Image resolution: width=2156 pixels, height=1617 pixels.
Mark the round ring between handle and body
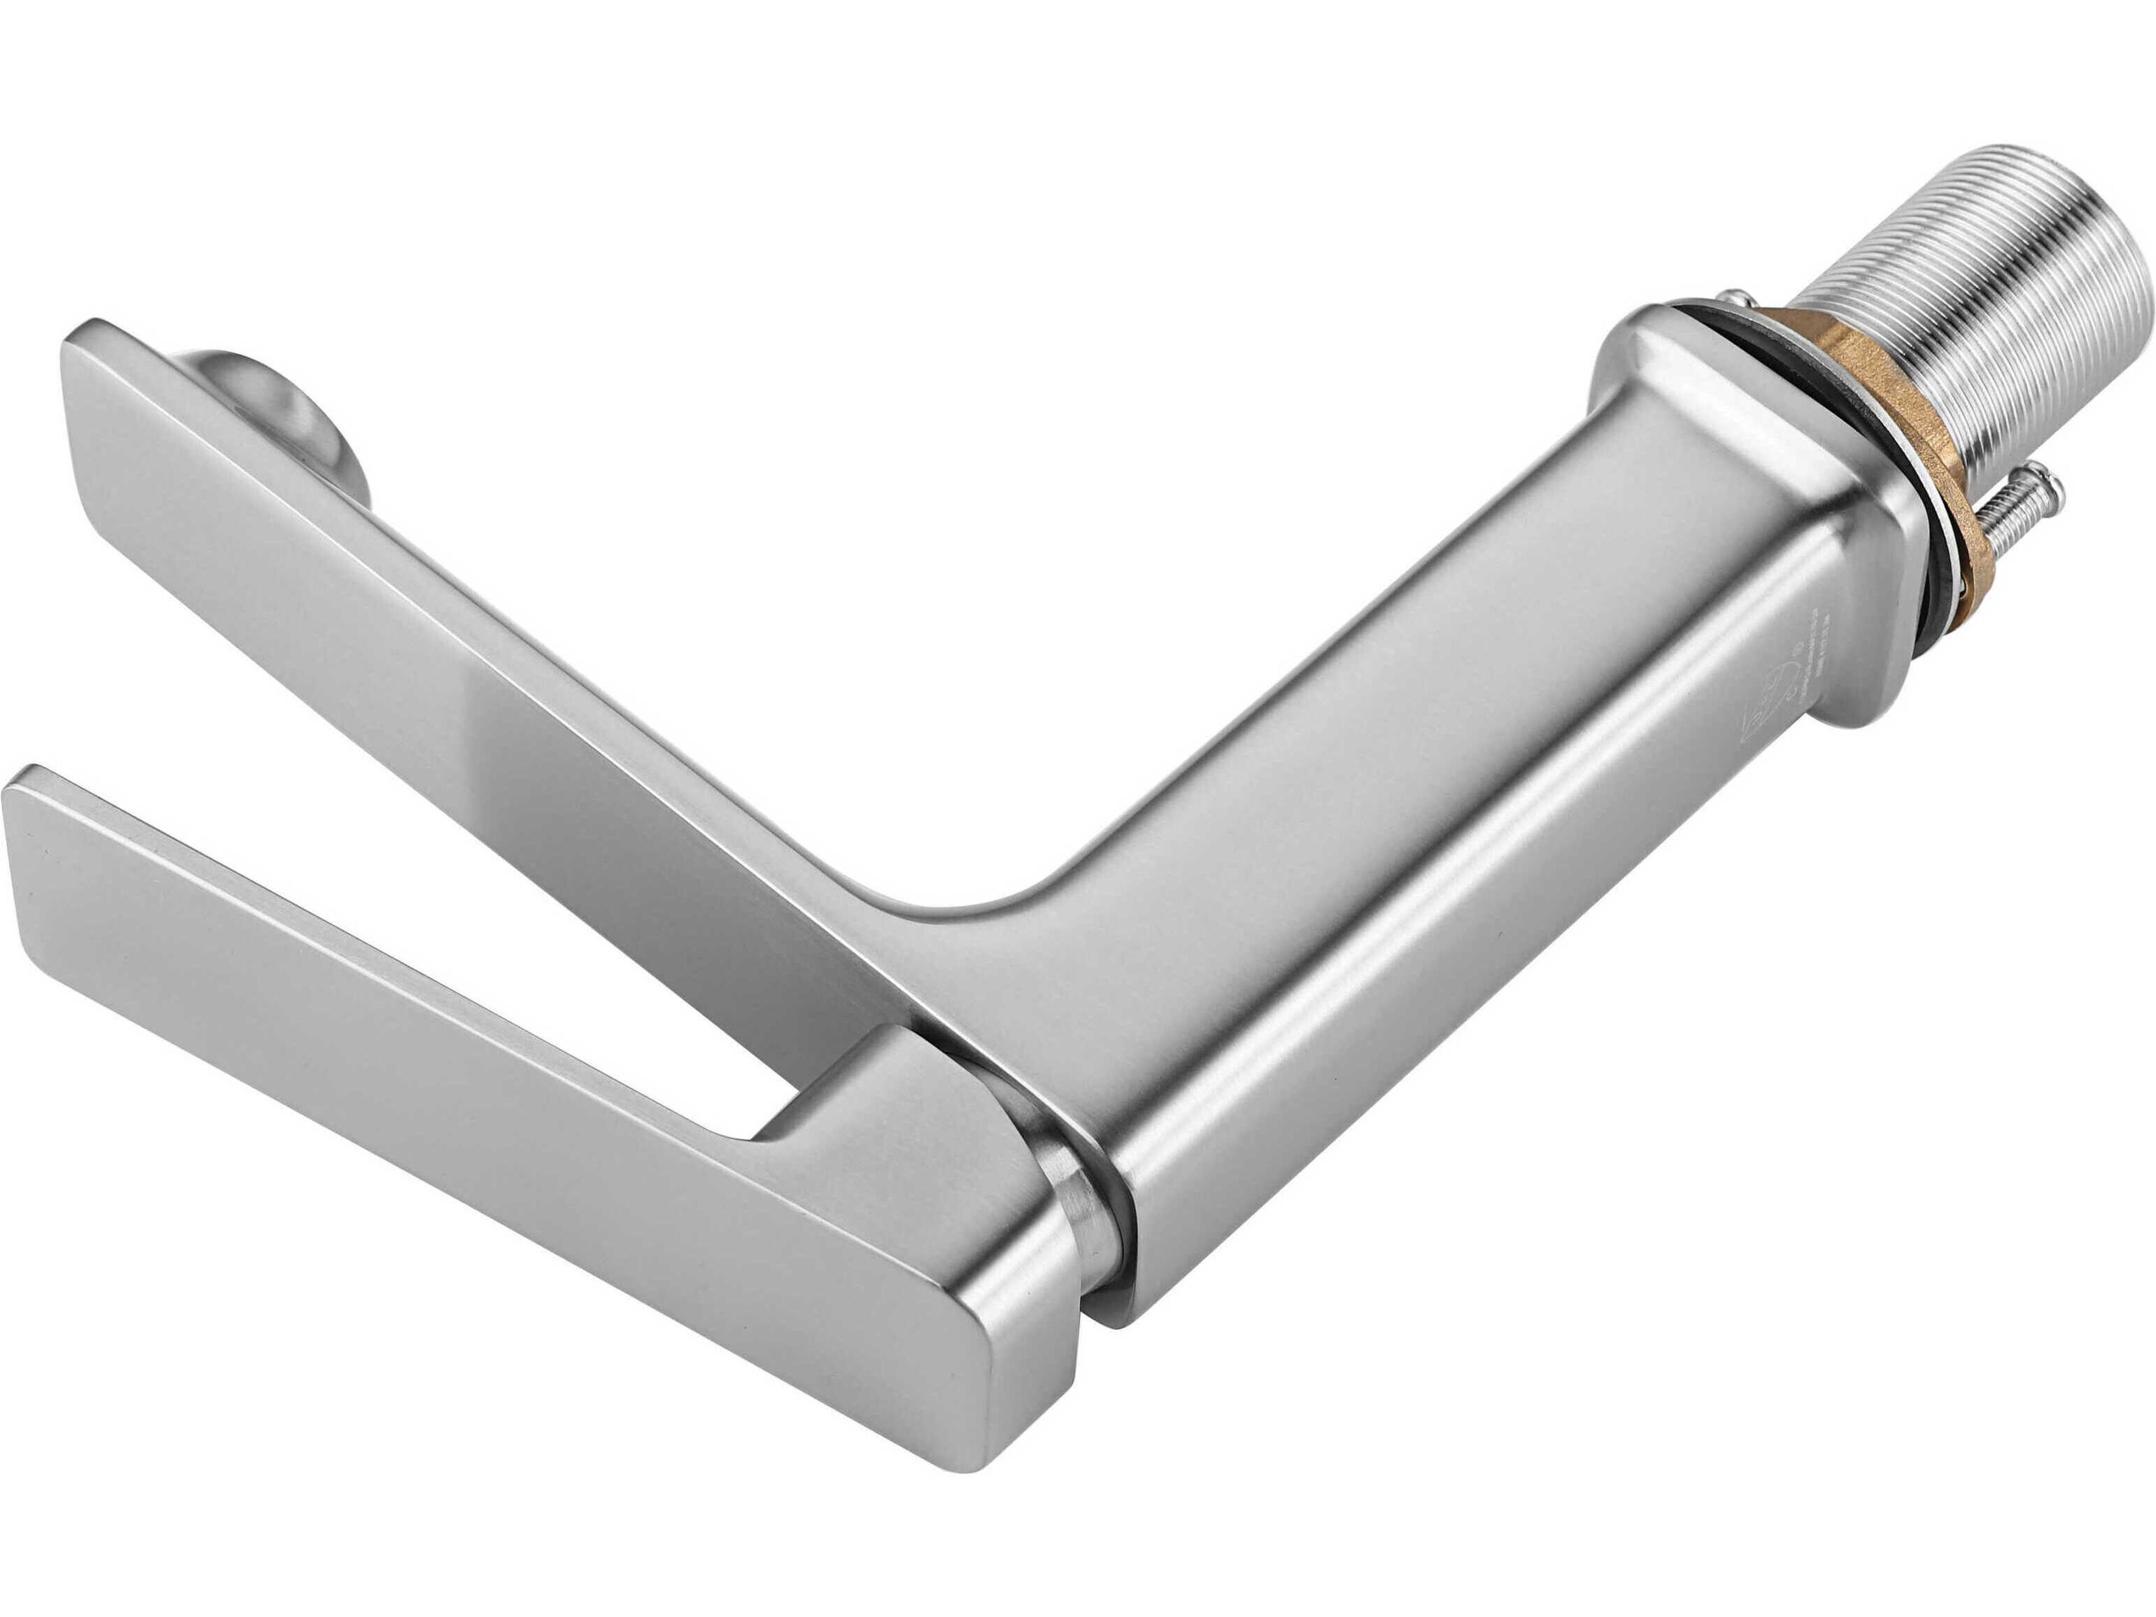click(1082, 1218)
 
